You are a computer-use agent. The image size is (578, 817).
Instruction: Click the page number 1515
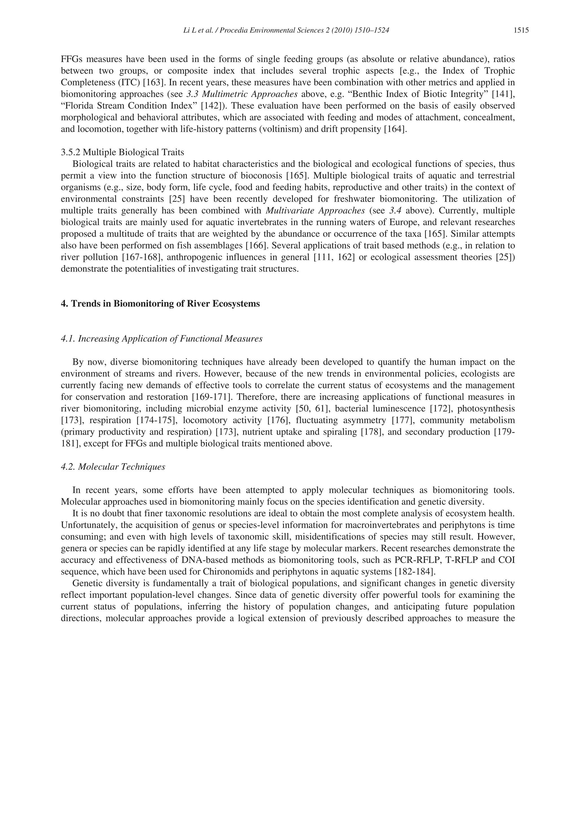pyautogui.click(x=521, y=30)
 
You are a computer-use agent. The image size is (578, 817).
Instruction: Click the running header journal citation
pyautogui.click(x=286, y=30)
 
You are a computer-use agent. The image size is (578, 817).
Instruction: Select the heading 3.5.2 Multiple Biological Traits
pyautogui.click(x=122, y=152)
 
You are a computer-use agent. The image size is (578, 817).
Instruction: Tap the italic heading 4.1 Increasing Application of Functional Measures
pyautogui.click(x=162, y=339)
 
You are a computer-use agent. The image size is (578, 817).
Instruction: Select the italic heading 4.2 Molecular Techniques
pyautogui.click(x=113, y=467)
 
